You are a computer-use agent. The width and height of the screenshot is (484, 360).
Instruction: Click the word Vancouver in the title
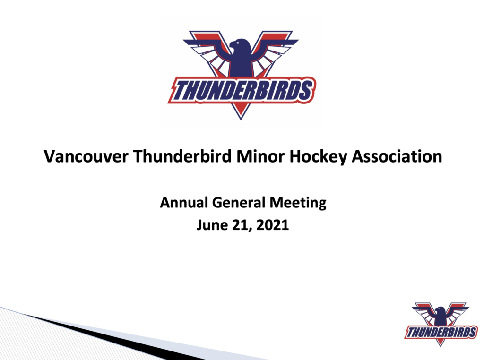coord(86,156)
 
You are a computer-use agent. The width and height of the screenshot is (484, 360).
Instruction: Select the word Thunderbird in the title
coord(182,156)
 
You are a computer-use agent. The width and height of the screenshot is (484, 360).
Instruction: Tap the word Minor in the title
coord(260,156)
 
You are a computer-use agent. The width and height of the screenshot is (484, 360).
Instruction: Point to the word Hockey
coord(318,157)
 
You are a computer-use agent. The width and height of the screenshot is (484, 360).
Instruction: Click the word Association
coord(397,156)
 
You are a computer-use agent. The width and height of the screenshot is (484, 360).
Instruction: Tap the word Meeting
coord(298,203)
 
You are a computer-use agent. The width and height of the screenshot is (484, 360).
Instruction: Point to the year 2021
coord(272,225)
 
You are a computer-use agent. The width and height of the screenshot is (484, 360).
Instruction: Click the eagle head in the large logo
coord(240,46)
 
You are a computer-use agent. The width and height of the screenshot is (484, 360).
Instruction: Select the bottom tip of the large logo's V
coord(241,120)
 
